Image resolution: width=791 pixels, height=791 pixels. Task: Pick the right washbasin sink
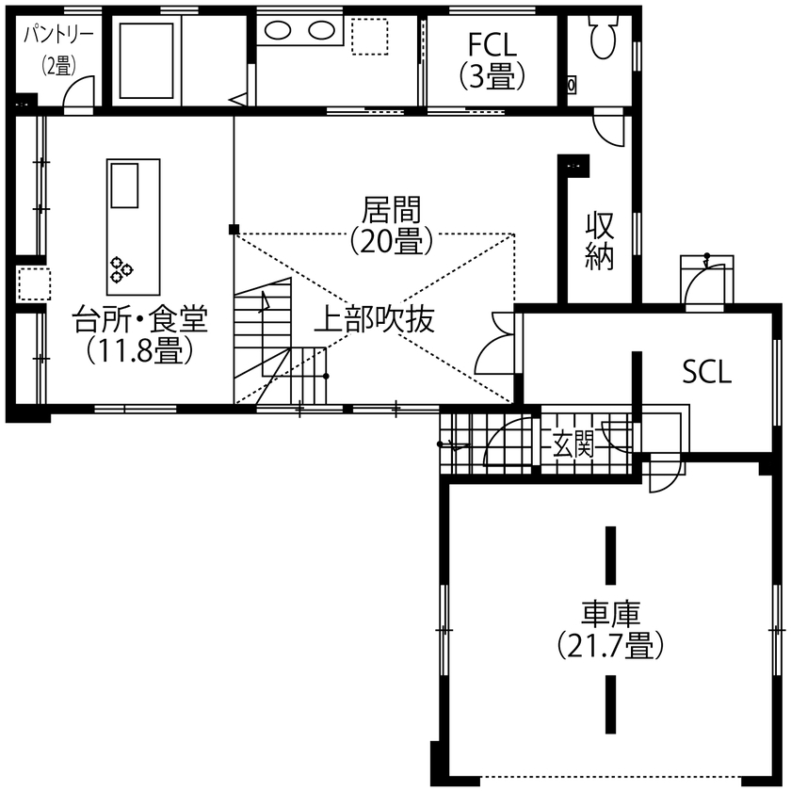click(x=320, y=30)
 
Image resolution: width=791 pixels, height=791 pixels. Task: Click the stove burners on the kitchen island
click(x=121, y=269)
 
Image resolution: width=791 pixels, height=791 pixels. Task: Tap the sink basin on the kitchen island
click(x=124, y=185)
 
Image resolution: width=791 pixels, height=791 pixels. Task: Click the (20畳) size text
click(x=391, y=240)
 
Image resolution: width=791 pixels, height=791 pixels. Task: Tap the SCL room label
click(x=706, y=373)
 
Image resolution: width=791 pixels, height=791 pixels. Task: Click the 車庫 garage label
click(x=609, y=615)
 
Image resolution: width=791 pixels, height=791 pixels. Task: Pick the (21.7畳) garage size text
click(x=609, y=647)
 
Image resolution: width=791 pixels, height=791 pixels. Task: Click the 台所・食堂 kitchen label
click(x=140, y=320)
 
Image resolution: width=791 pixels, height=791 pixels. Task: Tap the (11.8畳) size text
click(x=140, y=351)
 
